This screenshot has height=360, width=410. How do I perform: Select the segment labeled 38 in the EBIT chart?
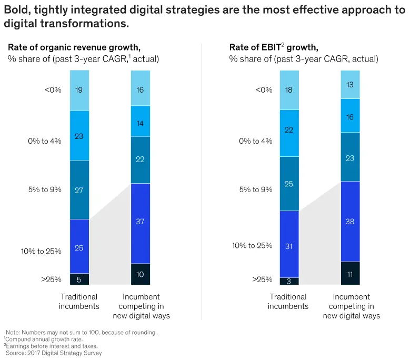(x=350, y=221)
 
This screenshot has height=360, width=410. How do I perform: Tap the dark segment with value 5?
(x=79, y=279)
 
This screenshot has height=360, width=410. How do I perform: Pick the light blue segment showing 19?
(x=79, y=90)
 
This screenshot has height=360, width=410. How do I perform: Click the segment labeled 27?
(x=79, y=189)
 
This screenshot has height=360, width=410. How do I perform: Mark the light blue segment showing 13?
(x=350, y=84)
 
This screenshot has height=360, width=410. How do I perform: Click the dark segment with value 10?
(x=141, y=274)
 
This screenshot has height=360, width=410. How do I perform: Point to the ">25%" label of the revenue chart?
(x=52, y=279)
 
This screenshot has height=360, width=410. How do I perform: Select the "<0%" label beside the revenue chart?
(x=53, y=90)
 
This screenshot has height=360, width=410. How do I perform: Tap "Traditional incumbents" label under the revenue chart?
(x=79, y=302)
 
